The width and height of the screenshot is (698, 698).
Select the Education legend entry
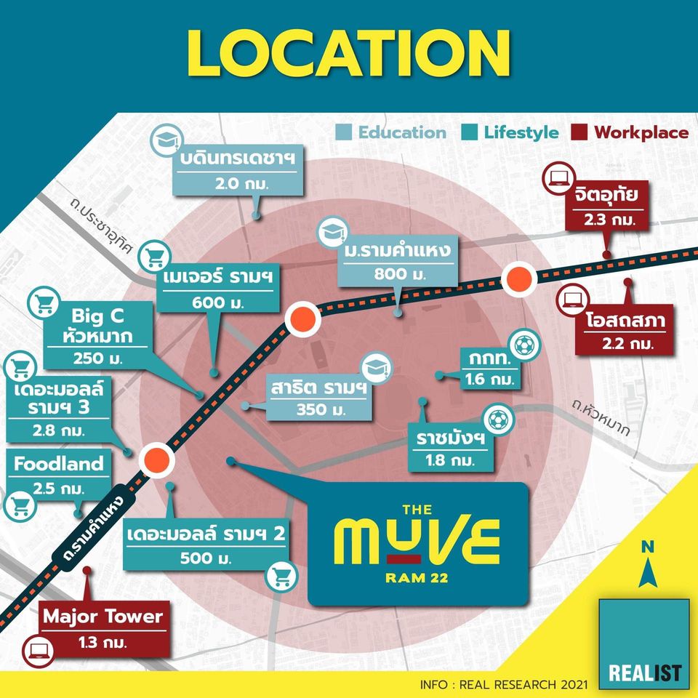click(393, 132)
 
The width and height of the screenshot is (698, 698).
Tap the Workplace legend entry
click(630, 132)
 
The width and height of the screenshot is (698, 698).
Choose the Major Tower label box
click(101, 627)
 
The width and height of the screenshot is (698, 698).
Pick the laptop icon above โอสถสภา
click(570, 299)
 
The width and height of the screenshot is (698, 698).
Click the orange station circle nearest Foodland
click(156, 460)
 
